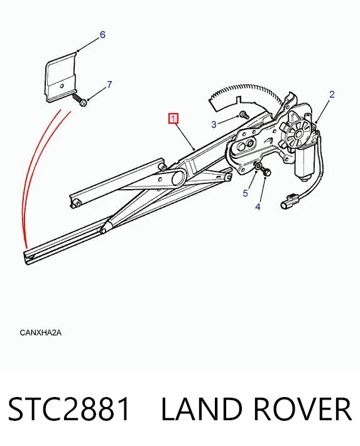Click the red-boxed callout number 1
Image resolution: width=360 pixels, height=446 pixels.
[x=173, y=118]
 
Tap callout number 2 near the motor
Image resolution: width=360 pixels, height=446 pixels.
[x=332, y=94]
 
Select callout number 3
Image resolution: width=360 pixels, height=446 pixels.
[x=214, y=124]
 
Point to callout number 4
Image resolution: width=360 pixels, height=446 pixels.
[x=258, y=207]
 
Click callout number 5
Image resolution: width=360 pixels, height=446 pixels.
[x=245, y=193]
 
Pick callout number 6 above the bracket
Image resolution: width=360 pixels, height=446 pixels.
[x=102, y=35]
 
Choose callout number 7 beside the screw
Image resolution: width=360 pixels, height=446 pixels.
[x=109, y=84]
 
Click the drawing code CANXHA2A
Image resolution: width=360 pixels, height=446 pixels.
[x=40, y=332]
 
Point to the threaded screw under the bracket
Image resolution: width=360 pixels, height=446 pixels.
[x=80, y=99]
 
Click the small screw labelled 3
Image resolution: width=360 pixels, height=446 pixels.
[x=244, y=114]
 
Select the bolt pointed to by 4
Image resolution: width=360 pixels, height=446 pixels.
[x=266, y=171]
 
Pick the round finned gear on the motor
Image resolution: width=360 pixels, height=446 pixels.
[x=298, y=133]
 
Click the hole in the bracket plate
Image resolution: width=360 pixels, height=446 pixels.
[x=62, y=85]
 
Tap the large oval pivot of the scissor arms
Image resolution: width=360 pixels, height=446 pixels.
[x=178, y=178]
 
